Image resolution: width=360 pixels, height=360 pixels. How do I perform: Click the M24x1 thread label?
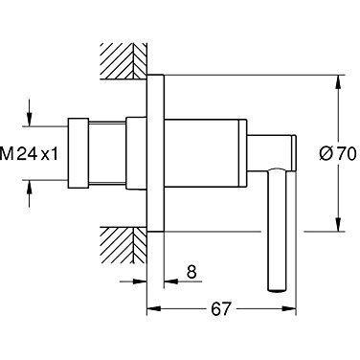[x=30, y=155]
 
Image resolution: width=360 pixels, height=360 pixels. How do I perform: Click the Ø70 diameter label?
[x=337, y=154]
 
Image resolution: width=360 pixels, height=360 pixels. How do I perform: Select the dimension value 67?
[x=220, y=308]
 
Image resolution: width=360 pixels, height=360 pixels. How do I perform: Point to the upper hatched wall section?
[x=124, y=61]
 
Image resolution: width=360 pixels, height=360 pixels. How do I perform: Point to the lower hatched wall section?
[x=124, y=245]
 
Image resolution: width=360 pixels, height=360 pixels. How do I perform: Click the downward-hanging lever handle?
[x=277, y=229]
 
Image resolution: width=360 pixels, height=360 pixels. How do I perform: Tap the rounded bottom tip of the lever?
[x=277, y=289]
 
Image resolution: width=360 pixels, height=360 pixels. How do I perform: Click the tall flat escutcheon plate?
[x=155, y=152]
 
